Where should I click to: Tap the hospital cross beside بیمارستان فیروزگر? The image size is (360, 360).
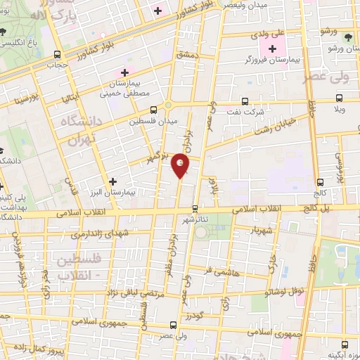pos(271,49)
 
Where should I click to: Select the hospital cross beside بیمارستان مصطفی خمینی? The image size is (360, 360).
pos(125,73)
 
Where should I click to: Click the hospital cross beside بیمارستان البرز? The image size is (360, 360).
pos(112,181)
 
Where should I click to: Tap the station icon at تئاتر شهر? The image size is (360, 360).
pos(195,208)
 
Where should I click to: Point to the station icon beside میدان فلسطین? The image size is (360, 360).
pos(154,109)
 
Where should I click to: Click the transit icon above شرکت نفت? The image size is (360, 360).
pos(245,101)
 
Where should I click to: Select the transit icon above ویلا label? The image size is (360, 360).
pos(340,98)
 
